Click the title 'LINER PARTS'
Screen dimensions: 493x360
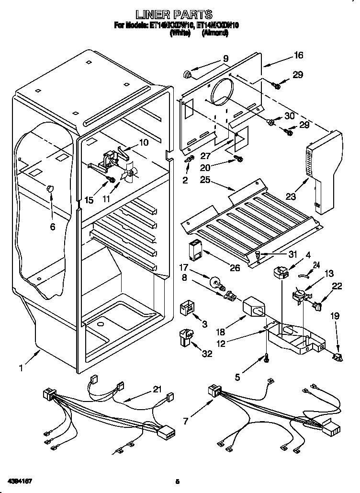180,15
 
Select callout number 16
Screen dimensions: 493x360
299,56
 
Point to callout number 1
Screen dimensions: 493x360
21,368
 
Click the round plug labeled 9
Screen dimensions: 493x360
187,74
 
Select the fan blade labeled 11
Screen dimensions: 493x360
129,175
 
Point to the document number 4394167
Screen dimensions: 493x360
20,480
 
